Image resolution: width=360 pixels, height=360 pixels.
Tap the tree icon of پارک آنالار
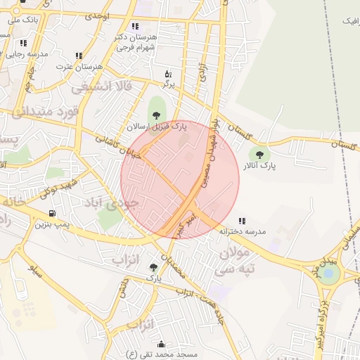point(259,155)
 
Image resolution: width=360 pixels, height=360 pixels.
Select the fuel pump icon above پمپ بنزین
point(52,213)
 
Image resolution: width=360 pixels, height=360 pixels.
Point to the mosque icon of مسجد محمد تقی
point(162,345)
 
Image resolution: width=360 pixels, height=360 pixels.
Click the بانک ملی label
point(19,20)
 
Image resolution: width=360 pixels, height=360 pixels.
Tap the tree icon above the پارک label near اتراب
point(153,266)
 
